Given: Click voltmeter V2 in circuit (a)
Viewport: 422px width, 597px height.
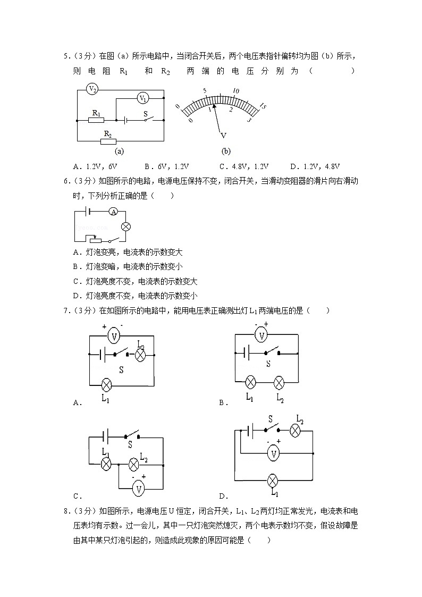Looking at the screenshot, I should pos(92,89).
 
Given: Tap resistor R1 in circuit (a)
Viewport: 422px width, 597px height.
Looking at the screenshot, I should pos(96,121).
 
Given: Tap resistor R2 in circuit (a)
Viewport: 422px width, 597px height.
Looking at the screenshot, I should pos(108,141).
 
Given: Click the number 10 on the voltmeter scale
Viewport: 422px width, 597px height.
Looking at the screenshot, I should pos(236,91).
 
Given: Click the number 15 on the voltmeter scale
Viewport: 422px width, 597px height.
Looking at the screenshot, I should pos(261,107).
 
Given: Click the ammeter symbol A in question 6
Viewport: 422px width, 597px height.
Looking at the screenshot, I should pos(113,212).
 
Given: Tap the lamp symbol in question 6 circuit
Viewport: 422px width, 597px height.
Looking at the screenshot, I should pos(126,226).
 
